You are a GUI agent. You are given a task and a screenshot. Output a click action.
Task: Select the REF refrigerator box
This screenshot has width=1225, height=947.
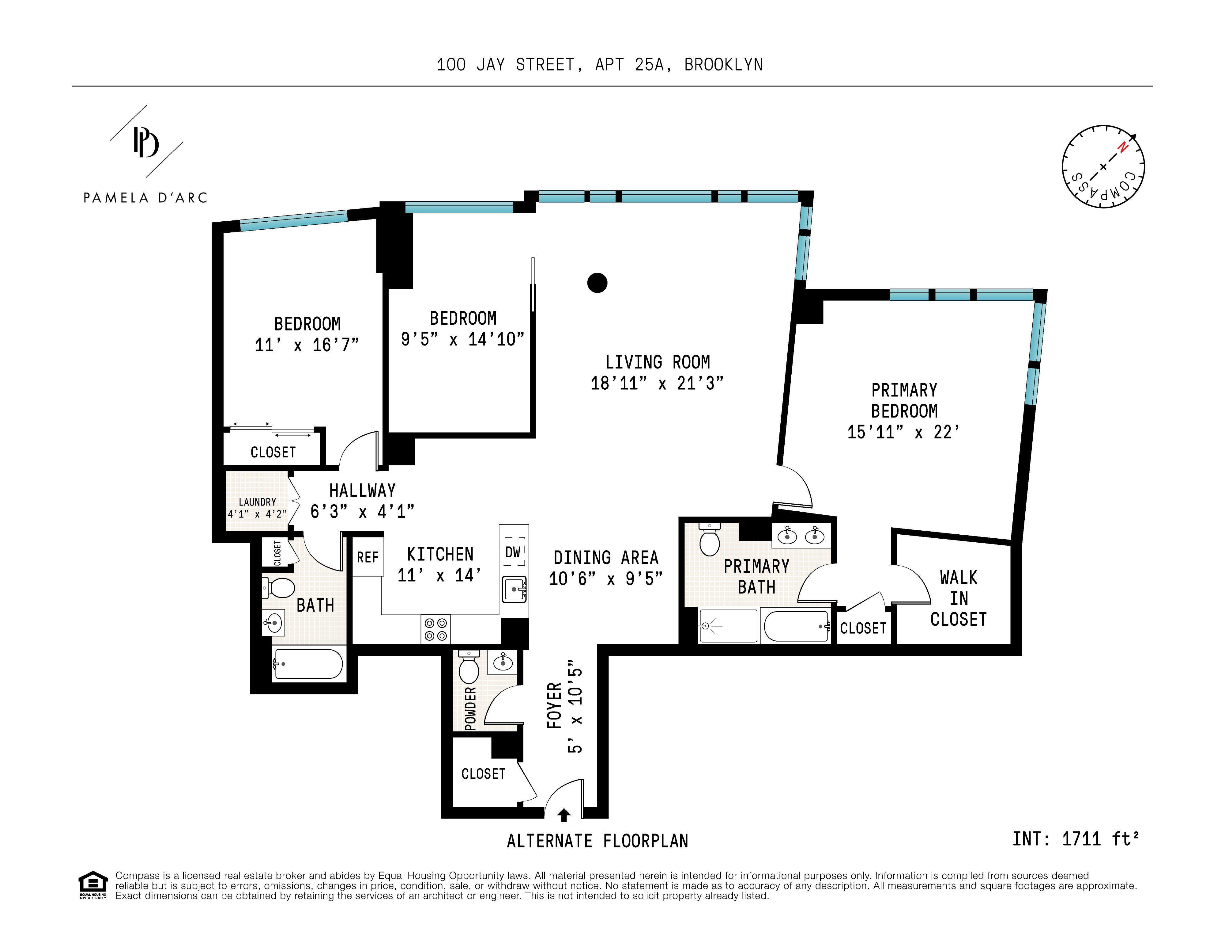pyautogui.click(x=368, y=556)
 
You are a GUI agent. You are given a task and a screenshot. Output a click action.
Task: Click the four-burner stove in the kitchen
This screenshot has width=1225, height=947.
pyautogui.click(x=436, y=629)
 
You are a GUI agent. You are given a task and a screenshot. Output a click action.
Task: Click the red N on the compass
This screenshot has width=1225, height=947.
pyautogui.click(x=1122, y=147)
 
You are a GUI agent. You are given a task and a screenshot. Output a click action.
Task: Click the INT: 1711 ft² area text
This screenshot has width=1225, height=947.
pyautogui.click(x=1075, y=839)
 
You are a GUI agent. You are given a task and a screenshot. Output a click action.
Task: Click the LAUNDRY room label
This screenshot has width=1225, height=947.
pyautogui.click(x=258, y=502)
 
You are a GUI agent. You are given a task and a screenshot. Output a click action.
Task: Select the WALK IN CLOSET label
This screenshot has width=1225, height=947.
pyautogui.click(x=958, y=598)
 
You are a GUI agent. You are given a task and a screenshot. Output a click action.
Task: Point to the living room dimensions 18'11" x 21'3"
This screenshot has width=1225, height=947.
pyautogui.click(x=657, y=384)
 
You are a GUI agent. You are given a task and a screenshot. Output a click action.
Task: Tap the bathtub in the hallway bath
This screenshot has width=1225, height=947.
pyautogui.click(x=308, y=664)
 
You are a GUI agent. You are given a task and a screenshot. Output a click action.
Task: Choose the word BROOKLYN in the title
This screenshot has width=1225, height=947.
pyautogui.click(x=724, y=65)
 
